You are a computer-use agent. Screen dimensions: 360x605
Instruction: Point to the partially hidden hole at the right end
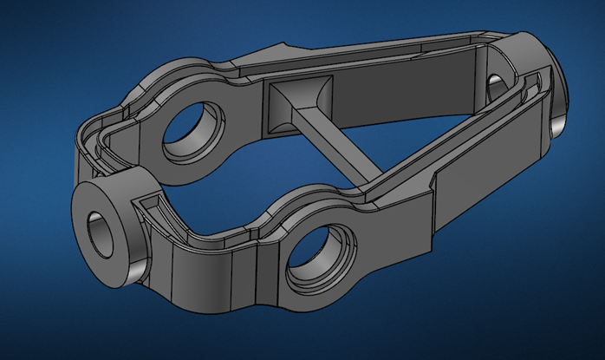click(x=496, y=86)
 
